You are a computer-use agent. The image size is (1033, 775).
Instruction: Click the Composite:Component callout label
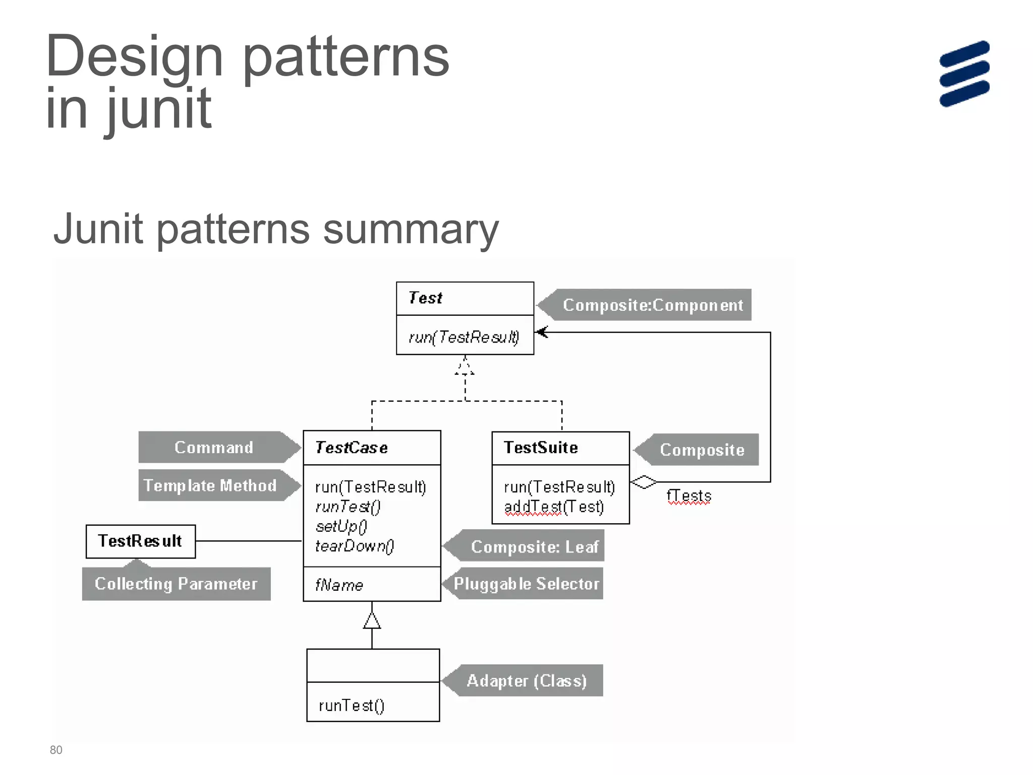pyautogui.click(x=652, y=305)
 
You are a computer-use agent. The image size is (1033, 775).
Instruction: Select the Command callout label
pyautogui.click(x=214, y=447)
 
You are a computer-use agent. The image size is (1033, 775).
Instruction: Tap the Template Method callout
pyautogui.click(x=210, y=485)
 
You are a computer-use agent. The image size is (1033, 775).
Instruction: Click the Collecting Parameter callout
pyautogui.click(x=176, y=584)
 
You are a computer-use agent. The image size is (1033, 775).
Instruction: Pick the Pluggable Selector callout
pyautogui.click(x=526, y=584)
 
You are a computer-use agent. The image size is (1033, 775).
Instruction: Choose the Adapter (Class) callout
pyautogui.click(x=526, y=681)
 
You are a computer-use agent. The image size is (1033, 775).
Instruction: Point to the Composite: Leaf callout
pyautogui.click(x=534, y=546)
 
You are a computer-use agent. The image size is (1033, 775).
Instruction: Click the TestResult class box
pyautogui.click(x=140, y=541)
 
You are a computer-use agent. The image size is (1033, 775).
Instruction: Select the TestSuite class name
pyautogui.click(x=541, y=448)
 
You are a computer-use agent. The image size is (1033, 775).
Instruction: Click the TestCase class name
pyautogui.click(x=352, y=448)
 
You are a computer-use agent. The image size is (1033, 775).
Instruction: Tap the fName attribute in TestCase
pyautogui.click(x=339, y=585)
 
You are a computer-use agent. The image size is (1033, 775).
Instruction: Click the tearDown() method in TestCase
pyautogui.click(x=354, y=546)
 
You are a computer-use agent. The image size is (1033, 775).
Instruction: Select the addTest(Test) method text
pyautogui.click(x=554, y=507)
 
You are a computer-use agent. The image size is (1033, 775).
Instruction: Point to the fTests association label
pyautogui.click(x=688, y=496)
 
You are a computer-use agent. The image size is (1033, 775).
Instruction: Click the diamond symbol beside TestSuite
pyautogui.click(x=644, y=482)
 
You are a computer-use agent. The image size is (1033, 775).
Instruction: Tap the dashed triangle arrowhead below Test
pyautogui.click(x=465, y=366)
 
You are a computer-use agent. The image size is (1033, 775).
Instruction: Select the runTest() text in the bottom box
pyautogui.click(x=352, y=705)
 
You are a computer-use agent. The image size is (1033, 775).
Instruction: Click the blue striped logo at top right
pyautogui.click(x=964, y=74)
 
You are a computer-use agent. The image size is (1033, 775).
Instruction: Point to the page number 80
pyautogui.click(x=56, y=750)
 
